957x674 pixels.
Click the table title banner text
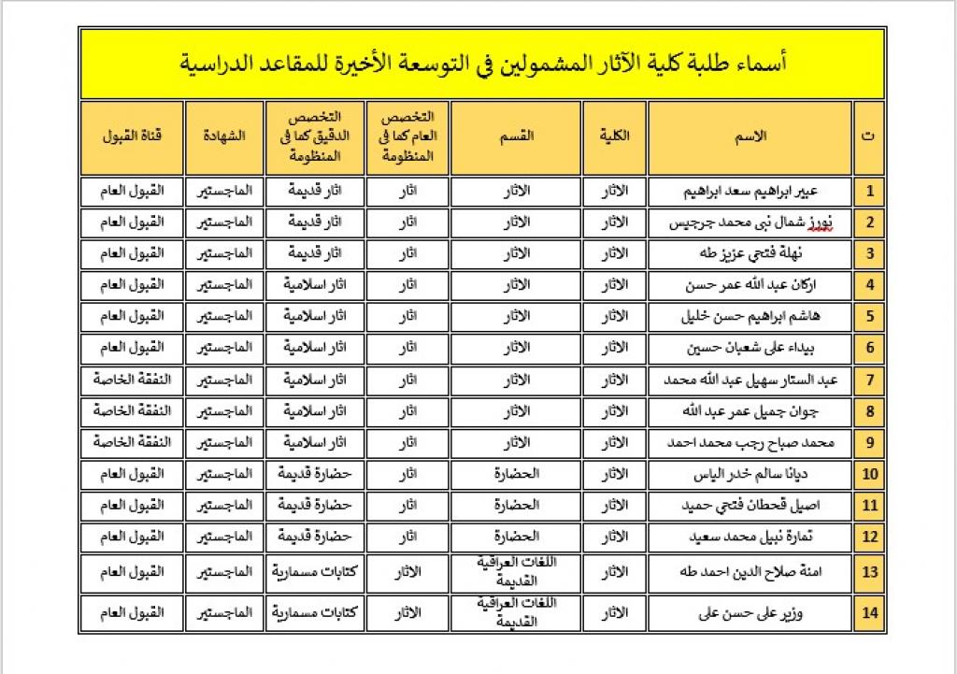[x=482, y=64]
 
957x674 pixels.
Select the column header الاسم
[x=750, y=136]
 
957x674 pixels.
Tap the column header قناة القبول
[x=132, y=136]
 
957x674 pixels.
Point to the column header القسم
[x=517, y=136]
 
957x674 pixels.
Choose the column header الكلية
[x=614, y=136]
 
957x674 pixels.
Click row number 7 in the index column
[x=869, y=380]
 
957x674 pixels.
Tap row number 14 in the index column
[x=869, y=613]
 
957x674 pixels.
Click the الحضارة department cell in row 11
[x=516, y=506]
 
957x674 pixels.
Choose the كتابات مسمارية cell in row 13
[x=314, y=572]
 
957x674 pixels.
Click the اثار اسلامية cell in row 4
[x=314, y=285]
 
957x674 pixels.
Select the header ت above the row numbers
[x=869, y=136]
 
